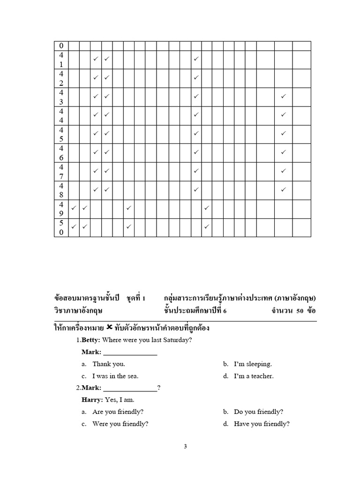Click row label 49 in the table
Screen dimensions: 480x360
click(x=61, y=209)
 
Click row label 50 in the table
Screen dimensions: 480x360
click(x=61, y=228)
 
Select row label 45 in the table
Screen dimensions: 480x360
click(x=61, y=134)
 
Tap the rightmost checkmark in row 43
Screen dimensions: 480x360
click(x=283, y=96)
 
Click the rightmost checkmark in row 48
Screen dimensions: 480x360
click(x=283, y=189)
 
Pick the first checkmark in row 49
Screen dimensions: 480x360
click(x=74, y=207)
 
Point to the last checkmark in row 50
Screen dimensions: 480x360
click(x=207, y=226)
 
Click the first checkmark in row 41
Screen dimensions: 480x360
click(x=95, y=59)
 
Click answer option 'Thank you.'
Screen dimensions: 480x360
click(x=109, y=364)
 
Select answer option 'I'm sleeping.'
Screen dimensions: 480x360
click(x=253, y=364)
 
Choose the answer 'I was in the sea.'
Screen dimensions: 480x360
click(x=115, y=376)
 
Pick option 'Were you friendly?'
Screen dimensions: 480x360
click(x=120, y=424)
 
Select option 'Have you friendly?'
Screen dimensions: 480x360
click(x=262, y=424)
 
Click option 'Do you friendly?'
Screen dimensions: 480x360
click(x=258, y=412)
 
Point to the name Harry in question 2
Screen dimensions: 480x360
click(x=91, y=400)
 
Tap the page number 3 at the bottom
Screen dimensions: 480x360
click(x=186, y=447)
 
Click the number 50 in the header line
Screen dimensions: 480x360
click(x=300, y=311)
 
